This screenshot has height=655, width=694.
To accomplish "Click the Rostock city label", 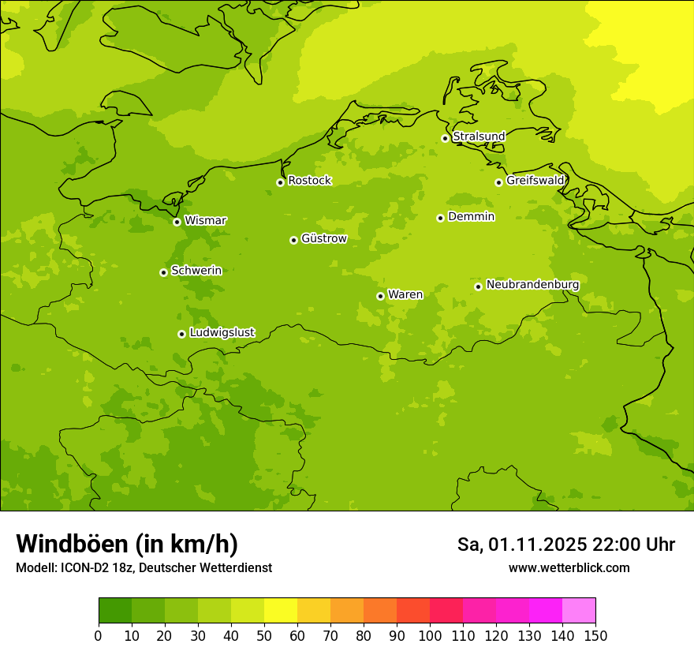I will [x=309, y=181].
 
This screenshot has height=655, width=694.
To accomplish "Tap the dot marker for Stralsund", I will [x=445, y=138].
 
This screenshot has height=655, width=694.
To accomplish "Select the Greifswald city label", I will [x=535, y=181].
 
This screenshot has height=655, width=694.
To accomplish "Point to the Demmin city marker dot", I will [x=440, y=218].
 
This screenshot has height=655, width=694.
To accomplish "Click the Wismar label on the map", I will [x=205, y=220].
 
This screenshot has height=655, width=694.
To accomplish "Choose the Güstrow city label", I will [x=323, y=238].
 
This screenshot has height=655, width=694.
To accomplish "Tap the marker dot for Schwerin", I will [x=163, y=272].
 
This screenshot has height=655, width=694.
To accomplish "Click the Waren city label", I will [x=405, y=294].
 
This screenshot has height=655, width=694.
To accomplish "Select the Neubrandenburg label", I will [x=532, y=284].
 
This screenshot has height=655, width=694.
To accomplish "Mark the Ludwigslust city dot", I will [x=181, y=334].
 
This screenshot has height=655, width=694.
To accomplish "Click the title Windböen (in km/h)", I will [x=127, y=544].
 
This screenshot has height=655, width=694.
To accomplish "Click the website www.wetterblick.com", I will [x=569, y=567].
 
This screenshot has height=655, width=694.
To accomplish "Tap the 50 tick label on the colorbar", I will [x=264, y=636].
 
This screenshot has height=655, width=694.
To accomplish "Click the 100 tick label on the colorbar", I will [x=430, y=636].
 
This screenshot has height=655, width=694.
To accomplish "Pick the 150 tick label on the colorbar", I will [x=595, y=636].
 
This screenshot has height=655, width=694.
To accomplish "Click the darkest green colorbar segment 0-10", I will [x=115, y=611].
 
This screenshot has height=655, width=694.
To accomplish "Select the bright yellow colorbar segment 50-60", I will [x=281, y=611].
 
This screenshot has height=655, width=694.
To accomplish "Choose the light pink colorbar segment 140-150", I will [x=579, y=611].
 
